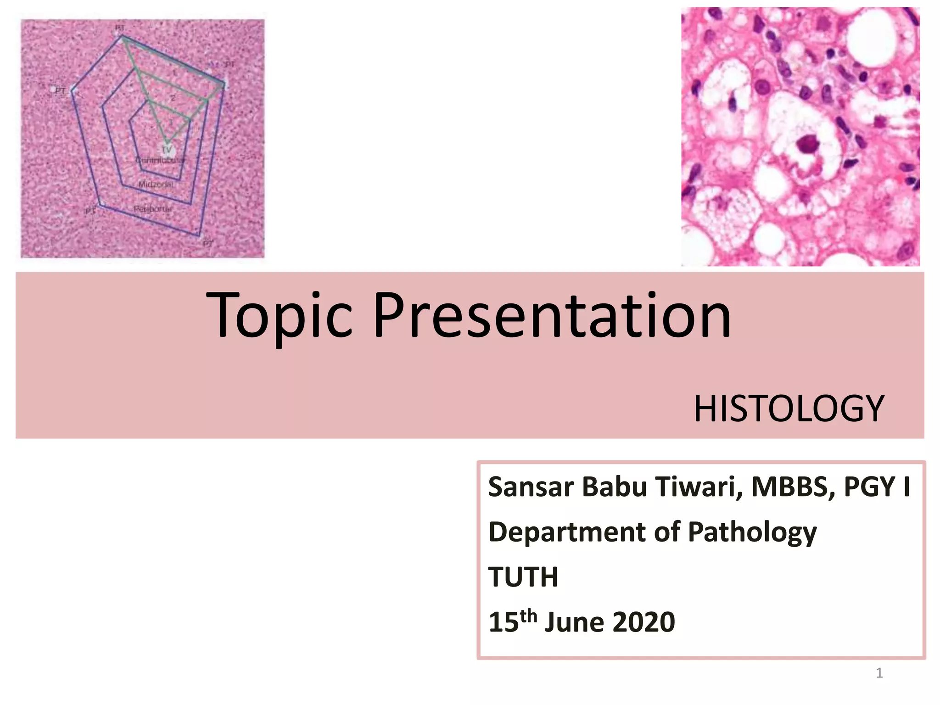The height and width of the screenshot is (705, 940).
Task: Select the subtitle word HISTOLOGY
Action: pyautogui.click(x=788, y=408)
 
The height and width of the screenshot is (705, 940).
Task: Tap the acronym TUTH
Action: pyautogui.click(x=523, y=577)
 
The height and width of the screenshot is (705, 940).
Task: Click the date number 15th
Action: pyautogui.click(x=512, y=621)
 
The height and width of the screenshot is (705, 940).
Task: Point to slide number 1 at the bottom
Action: pyautogui.click(x=879, y=673)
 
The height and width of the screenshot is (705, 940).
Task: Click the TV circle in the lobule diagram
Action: pyautogui.click(x=167, y=150)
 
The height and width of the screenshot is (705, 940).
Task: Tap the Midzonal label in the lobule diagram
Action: pyautogui.click(x=156, y=184)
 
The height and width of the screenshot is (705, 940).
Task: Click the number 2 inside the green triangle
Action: pyautogui.click(x=173, y=98)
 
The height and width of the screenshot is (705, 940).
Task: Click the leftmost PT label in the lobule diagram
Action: pyautogui.click(x=60, y=91)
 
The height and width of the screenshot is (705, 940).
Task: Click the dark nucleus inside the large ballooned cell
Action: pyautogui.click(x=808, y=144)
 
